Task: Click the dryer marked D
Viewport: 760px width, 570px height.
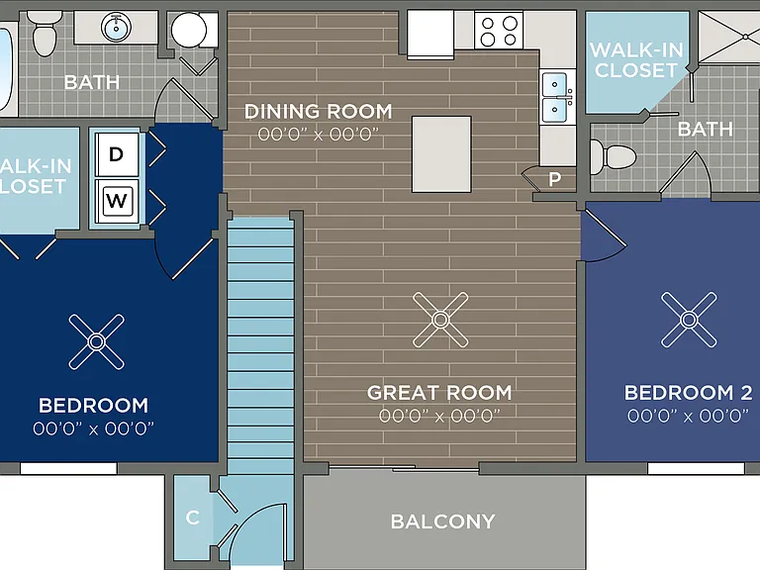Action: pos(117,154)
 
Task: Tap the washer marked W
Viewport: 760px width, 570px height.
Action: pos(117,200)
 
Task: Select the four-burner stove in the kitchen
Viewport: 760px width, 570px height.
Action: pos(499,30)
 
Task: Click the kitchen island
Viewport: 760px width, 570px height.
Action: pos(441,154)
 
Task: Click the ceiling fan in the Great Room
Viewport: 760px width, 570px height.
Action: pos(440,320)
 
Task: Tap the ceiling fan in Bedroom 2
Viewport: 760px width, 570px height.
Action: pos(689,320)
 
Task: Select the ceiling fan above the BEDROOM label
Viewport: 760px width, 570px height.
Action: pos(96,341)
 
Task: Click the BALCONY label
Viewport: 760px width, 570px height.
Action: pos(443,522)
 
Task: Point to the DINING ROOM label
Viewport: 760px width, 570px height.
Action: pos(319,112)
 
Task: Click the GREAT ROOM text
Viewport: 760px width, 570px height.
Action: pos(439,393)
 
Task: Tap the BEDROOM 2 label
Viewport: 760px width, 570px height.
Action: pos(689,393)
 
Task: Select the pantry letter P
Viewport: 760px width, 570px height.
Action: pos(555,179)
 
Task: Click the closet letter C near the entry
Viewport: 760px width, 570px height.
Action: pos(192,518)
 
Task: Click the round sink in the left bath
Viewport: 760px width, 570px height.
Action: pos(116,27)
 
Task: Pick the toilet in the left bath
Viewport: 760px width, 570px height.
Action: pos(45,33)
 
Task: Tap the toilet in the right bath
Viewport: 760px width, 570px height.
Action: pos(613,156)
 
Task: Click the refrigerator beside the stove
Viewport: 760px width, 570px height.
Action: pos(430,35)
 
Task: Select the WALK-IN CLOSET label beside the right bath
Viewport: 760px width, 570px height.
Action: pos(636,60)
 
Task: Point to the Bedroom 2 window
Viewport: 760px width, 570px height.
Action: pos(696,468)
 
